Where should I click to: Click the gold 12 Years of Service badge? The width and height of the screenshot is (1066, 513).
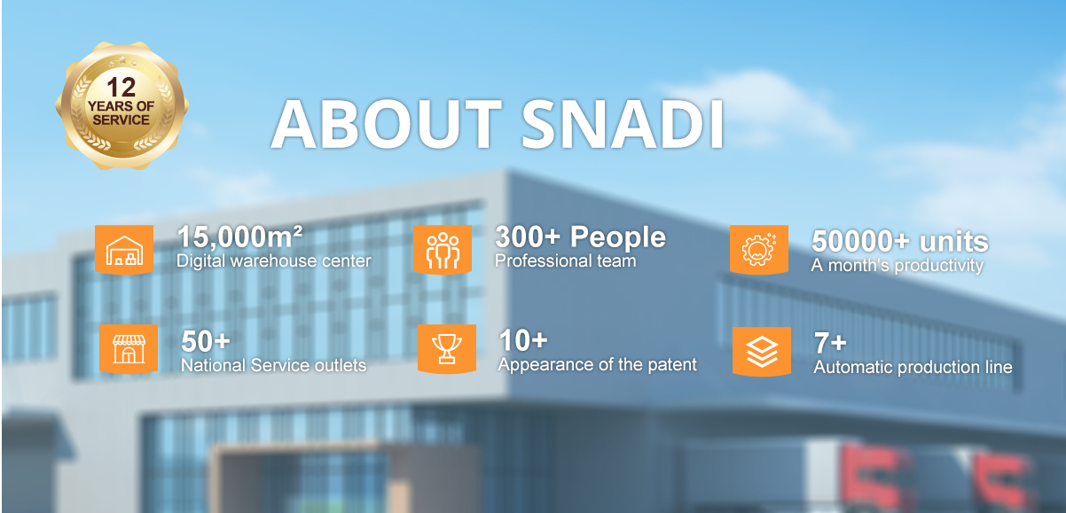click(x=121, y=105)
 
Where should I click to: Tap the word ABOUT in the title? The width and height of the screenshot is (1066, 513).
click(x=386, y=124)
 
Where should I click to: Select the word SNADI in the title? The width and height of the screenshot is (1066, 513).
click(x=623, y=124)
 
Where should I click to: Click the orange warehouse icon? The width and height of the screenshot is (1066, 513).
click(x=124, y=250)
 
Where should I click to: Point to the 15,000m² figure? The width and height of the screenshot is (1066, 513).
click(x=239, y=237)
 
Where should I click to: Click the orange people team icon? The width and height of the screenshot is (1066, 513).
click(x=443, y=250)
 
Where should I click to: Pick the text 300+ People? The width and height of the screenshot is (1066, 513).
click(x=580, y=237)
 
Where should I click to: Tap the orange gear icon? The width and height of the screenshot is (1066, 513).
click(x=759, y=250)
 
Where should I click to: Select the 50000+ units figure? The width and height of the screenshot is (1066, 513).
click(x=900, y=241)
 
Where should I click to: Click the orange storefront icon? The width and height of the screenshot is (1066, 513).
click(x=129, y=349)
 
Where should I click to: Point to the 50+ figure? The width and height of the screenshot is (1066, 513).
click(x=206, y=341)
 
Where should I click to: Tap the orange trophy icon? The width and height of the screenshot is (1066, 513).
click(x=447, y=349)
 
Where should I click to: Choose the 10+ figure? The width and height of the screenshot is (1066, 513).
click(x=523, y=340)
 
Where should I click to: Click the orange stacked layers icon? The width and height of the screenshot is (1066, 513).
click(x=762, y=352)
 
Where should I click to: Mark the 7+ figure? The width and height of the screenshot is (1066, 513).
click(x=830, y=343)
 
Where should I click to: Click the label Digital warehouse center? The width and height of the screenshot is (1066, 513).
click(x=274, y=261)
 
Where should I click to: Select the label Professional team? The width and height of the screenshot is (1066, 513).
click(x=565, y=261)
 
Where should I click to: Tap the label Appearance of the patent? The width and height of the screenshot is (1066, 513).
click(x=597, y=365)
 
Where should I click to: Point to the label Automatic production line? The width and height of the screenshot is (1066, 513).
click(x=913, y=367)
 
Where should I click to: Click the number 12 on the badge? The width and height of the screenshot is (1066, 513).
click(x=121, y=87)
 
